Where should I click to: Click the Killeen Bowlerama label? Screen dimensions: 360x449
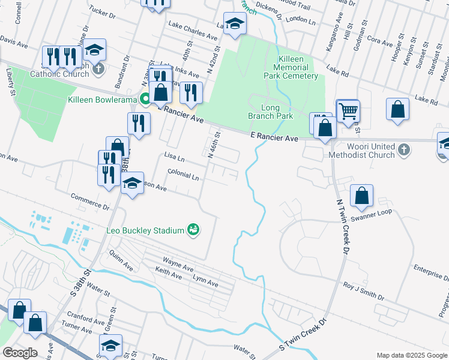tap(103, 99)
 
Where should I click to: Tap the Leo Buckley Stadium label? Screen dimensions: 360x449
tap(146, 230)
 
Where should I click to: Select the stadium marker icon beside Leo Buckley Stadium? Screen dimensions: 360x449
tap(193, 230)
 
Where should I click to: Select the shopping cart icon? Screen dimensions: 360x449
tap(348, 110)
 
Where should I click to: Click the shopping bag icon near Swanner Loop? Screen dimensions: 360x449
tap(361, 196)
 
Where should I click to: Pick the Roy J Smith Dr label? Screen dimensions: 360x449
tap(363, 291)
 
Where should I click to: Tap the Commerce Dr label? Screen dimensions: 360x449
tap(90, 201)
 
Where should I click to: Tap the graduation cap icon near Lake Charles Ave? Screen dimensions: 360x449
tap(235, 24)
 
